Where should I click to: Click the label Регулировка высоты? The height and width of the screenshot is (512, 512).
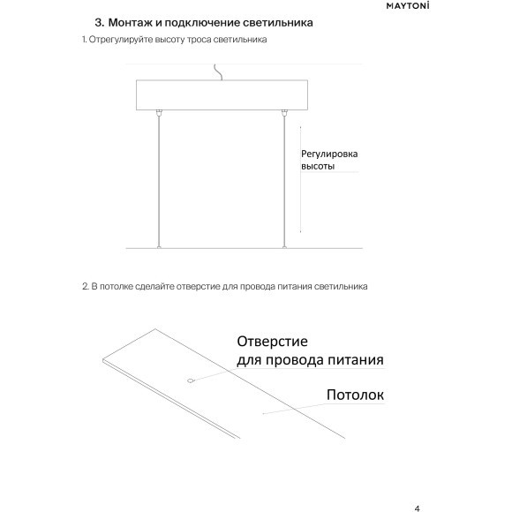click(328, 160)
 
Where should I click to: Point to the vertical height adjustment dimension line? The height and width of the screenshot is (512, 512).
click(301, 177)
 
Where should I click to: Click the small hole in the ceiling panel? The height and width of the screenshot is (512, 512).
click(189, 381)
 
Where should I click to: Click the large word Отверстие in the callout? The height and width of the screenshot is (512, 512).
click(271, 342)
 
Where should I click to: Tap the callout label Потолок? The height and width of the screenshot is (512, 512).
click(355, 395)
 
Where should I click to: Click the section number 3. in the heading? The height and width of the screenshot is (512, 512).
click(99, 21)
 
